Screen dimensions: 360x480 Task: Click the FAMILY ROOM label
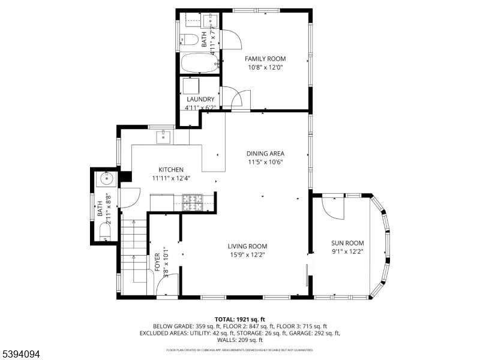(x=265, y=59)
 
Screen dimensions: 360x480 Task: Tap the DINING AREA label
(x=265, y=153)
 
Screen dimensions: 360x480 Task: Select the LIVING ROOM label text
(x=247, y=246)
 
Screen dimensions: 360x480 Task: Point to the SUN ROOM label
(x=347, y=243)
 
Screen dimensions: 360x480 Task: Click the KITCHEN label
(x=171, y=170)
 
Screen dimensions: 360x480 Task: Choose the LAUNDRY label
(x=200, y=99)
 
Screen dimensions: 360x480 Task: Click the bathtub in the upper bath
(x=198, y=63)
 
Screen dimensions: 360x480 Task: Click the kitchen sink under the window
(x=163, y=137)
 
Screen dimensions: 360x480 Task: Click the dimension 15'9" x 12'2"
(x=247, y=254)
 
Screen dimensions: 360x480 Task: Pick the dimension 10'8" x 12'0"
(x=265, y=67)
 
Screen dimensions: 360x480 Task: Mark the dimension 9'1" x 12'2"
(x=347, y=251)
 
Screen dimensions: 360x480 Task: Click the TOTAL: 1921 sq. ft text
(x=240, y=319)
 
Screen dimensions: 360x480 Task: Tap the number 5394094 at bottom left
(x=20, y=355)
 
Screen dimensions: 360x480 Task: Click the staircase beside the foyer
(x=133, y=252)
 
